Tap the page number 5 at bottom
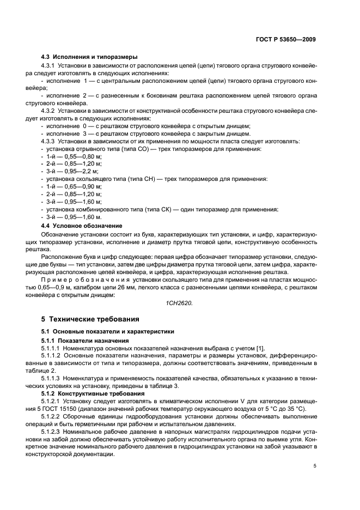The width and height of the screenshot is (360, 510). [x=314, y=466]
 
